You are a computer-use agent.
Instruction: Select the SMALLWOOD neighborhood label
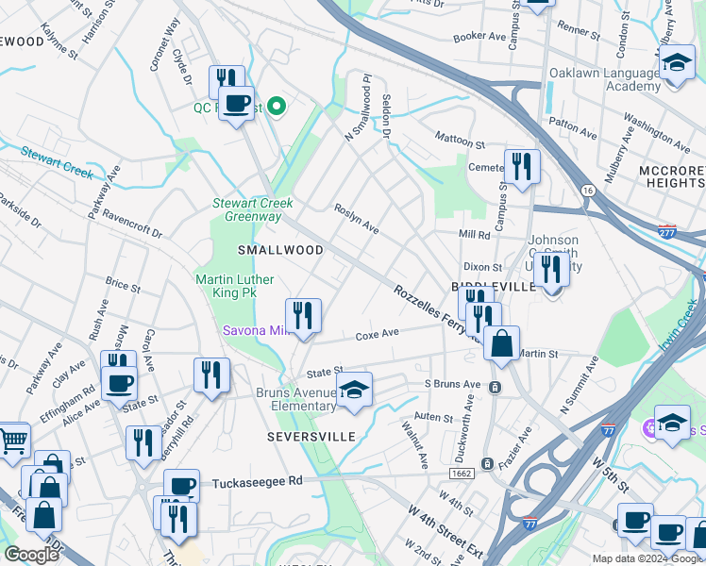coord(279,250)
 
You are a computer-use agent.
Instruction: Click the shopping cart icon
coord(13,440)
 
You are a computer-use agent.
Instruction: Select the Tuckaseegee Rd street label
coord(257,480)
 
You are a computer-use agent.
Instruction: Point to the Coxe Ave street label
coord(378,334)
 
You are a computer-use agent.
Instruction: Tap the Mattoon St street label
coord(460,141)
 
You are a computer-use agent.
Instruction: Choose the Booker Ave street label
coord(480,36)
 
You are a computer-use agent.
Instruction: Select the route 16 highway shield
coord(588,190)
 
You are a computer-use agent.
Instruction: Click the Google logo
coord(32,555)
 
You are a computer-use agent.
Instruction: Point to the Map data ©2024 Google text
coord(647,558)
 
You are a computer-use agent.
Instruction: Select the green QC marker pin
coord(277,106)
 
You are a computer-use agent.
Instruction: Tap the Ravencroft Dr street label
coord(132,224)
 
